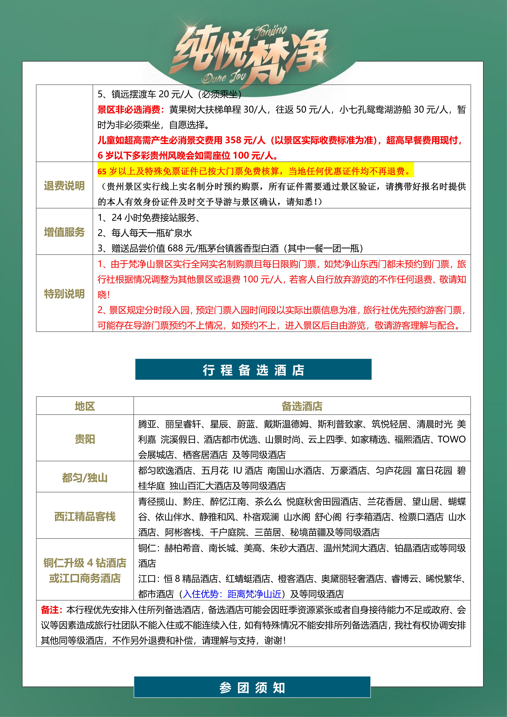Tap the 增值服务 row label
pos(64,232)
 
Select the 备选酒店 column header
pos(302,406)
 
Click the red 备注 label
pos(51,610)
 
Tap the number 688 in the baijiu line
pos(175,248)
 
